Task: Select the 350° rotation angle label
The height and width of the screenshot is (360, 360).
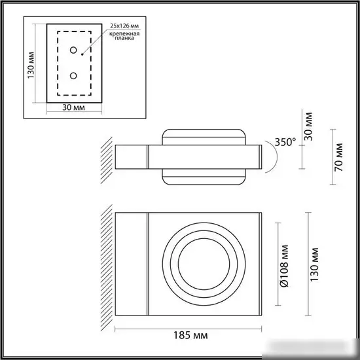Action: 285,142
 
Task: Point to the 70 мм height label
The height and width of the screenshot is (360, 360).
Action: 338,158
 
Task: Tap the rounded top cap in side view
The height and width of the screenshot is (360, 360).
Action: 204,137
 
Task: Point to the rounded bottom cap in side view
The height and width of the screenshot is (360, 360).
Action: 204,177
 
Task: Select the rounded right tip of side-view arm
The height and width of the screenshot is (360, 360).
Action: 261,158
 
